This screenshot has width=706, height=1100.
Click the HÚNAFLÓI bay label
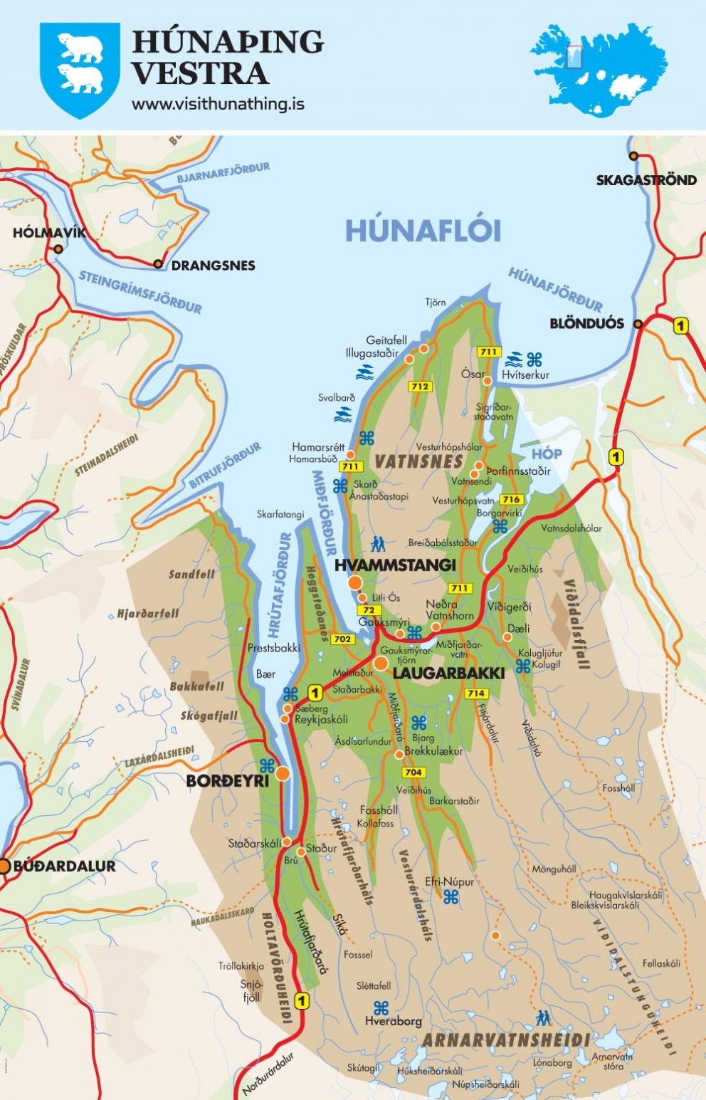coord(423,231)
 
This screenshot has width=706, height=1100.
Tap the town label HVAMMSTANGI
coord(394,565)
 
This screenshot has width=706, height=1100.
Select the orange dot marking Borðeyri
coord(283,774)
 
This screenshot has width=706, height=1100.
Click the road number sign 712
coord(420,387)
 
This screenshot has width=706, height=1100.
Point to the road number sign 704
coord(413,772)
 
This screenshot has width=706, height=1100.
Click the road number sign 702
coord(342,639)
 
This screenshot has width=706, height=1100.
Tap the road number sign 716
coord(511,499)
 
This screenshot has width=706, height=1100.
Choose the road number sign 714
coord(476,693)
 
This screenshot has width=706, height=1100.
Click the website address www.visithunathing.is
coord(218,104)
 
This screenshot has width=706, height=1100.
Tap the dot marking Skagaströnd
coord(633,156)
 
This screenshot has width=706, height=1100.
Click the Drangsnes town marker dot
coord(158,264)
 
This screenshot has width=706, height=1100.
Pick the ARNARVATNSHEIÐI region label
coord(505,1040)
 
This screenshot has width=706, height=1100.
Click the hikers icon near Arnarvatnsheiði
coord(544,1017)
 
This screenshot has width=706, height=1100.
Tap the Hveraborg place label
coord(393,1021)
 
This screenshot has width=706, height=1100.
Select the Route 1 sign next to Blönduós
coord(681,326)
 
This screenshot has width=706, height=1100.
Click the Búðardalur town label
coord(64,866)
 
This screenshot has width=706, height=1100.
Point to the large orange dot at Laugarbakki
coord(381,664)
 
